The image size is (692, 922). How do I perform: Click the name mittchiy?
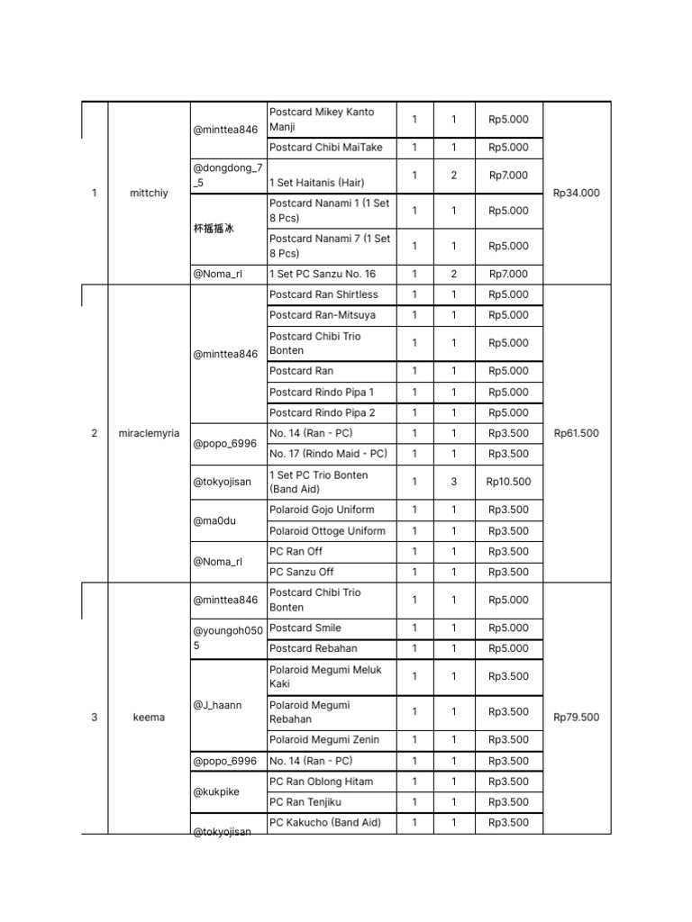click(149, 193)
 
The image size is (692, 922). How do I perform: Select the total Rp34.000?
click(577, 193)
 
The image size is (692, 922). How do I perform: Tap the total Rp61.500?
click(577, 433)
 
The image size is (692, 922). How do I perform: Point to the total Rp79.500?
click(577, 718)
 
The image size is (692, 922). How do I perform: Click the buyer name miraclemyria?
click(149, 433)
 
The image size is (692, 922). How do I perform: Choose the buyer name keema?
click(149, 718)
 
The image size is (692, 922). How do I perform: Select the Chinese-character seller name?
click(214, 229)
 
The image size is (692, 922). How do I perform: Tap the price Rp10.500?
click(508, 482)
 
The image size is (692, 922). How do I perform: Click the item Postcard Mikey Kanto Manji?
click(321, 120)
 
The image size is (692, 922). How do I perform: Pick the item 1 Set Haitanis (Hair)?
click(316, 183)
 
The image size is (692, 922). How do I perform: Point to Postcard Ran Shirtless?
click(323, 294)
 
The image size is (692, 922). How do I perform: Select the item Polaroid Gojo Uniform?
click(322, 510)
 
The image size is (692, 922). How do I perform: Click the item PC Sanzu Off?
click(301, 572)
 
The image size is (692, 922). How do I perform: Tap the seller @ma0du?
click(214, 520)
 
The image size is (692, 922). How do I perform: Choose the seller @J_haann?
click(217, 705)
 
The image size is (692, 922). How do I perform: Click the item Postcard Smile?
click(305, 628)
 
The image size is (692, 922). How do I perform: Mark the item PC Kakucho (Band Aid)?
click(325, 822)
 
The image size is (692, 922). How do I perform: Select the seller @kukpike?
click(216, 792)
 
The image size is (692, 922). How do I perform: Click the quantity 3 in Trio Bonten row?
click(454, 482)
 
